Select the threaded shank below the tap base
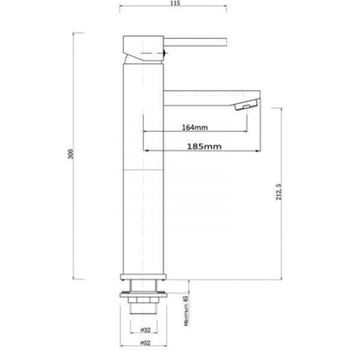140,308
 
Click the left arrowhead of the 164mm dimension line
145,135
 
